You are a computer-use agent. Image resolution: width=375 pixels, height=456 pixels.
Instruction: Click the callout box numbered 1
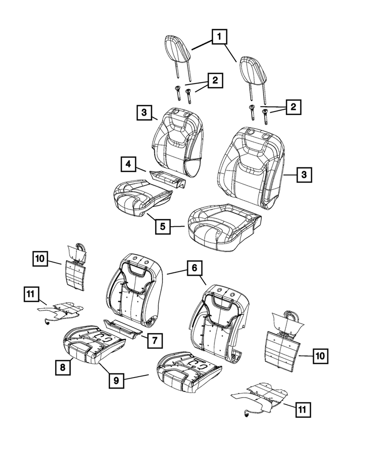(x=219, y=36)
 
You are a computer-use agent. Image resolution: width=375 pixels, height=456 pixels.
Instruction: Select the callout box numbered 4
(x=129, y=164)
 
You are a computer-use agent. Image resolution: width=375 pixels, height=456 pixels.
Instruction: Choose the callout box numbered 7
(x=155, y=340)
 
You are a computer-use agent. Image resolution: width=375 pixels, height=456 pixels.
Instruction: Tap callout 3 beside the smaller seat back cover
(x=143, y=112)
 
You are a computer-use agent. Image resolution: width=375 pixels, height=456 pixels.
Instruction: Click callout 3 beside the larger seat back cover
(x=304, y=174)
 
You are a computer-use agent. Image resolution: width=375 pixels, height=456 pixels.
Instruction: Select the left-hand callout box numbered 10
(x=41, y=259)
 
